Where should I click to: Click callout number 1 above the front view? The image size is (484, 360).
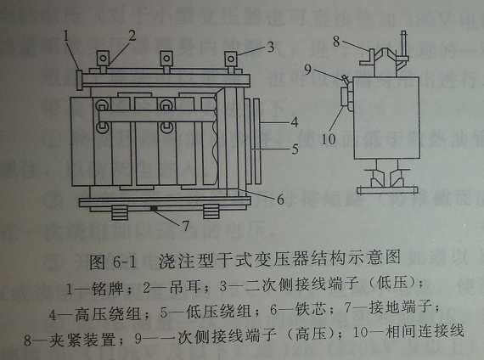(65, 36)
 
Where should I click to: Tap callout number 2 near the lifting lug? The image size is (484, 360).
(132, 35)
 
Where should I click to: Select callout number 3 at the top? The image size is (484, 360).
(270, 47)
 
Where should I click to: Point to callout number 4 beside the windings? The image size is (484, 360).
(295, 122)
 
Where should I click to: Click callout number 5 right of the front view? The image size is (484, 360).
(295, 149)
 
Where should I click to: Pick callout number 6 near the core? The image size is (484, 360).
(280, 200)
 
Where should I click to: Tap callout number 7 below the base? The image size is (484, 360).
(186, 226)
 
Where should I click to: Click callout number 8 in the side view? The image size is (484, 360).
(336, 41)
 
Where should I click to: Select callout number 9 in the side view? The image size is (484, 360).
(307, 69)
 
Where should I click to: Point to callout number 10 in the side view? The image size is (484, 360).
(329, 139)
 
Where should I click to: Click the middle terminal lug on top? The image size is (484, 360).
(166, 58)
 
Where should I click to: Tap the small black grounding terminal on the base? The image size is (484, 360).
(154, 209)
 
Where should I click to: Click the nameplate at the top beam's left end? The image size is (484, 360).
(79, 80)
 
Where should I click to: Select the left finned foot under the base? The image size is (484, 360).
(120, 212)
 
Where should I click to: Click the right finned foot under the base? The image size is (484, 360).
(211, 211)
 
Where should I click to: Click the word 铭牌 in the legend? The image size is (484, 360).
(108, 289)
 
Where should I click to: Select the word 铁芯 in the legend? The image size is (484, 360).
(311, 309)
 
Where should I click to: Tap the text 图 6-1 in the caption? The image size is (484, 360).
(112, 262)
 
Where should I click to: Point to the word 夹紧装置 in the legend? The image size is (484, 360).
(82, 340)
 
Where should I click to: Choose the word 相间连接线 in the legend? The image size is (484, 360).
(425, 331)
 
